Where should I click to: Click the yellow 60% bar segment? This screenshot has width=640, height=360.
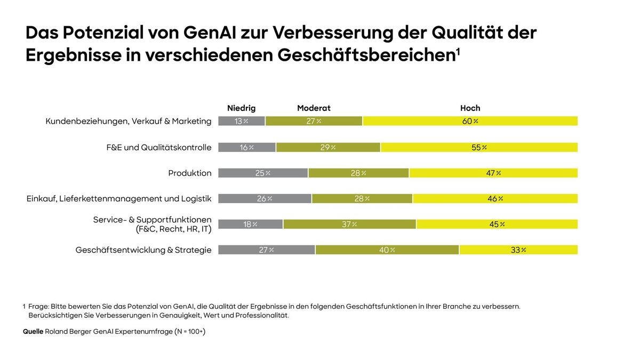point(470,121)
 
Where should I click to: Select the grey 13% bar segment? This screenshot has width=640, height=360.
point(242,121)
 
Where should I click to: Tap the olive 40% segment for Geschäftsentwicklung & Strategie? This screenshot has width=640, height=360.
point(387,250)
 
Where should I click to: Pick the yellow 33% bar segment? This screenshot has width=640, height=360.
point(518,250)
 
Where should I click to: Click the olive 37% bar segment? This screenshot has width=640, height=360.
point(349,224)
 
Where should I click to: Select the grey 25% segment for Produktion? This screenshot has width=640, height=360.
point(263,173)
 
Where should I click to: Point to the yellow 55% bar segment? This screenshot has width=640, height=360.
point(479,147)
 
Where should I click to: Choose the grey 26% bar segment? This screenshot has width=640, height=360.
point(265,198)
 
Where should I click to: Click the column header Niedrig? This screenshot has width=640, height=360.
point(241,108)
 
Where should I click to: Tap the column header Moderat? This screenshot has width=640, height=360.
point(314,108)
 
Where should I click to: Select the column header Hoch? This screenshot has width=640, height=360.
point(470,108)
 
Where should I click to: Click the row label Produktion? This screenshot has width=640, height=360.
point(190,173)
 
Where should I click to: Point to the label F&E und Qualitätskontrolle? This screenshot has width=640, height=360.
point(159,147)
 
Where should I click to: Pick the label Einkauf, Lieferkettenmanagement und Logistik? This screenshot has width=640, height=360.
point(119,198)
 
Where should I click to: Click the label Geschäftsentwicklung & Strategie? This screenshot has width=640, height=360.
point(143,250)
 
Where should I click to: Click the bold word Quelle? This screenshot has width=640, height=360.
point(33,331)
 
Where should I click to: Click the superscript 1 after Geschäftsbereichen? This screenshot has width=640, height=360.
point(458,52)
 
